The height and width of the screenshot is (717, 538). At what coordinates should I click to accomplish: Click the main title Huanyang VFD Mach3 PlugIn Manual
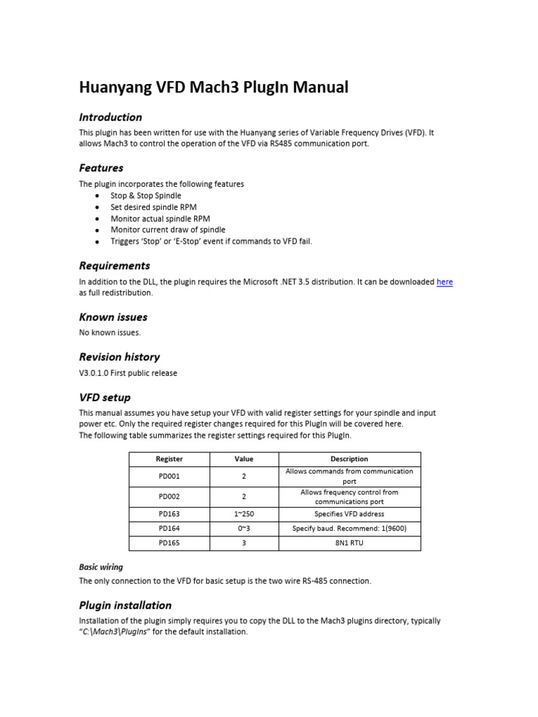pyautogui.click(x=213, y=88)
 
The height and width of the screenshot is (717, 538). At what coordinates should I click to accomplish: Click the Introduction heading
pyautogui.click(x=110, y=117)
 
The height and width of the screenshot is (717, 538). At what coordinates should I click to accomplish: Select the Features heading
pyautogui.click(x=101, y=168)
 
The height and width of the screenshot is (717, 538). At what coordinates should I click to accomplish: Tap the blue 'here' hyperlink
pyautogui.click(x=445, y=282)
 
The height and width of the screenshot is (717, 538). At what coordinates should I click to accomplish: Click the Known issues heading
pyautogui.click(x=113, y=317)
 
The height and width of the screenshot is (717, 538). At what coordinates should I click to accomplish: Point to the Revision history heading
pyautogui.click(x=119, y=357)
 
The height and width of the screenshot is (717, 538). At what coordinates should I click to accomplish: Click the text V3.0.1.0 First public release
pyautogui.click(x=128, y=373)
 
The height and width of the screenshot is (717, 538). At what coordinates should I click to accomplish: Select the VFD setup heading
pyautogui.click(x=104, y=398)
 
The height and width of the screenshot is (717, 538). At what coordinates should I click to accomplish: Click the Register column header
pyautogui.click(x=169, y=459)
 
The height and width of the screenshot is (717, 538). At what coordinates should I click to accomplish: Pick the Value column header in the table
pyautogui.click(x=244, y=459)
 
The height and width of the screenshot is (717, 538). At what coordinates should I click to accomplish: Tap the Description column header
pyautogui.click(x=349, y=459)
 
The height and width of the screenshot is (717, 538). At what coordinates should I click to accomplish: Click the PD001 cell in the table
pyautogui.click(x=169, y=476)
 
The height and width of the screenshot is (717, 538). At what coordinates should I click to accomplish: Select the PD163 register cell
pyautogui.click(x=169, y=514)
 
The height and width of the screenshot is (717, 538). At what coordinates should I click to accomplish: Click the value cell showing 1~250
pyautogui.click(x=244, y=514)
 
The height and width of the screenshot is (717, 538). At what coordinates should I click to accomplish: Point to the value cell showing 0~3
pyautogui.click(x=244, y=529)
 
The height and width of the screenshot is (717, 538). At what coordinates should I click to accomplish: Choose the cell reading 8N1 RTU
pyautogui.click(x=349, y=543)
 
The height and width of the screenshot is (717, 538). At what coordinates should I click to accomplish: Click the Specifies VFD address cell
pyautogui.click(x=349, y=514)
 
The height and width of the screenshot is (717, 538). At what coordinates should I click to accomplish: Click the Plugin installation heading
pyautogui.click(x=125, y=605)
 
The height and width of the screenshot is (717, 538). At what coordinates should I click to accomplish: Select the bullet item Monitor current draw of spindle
pyautogui.click(x=168, y=230)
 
